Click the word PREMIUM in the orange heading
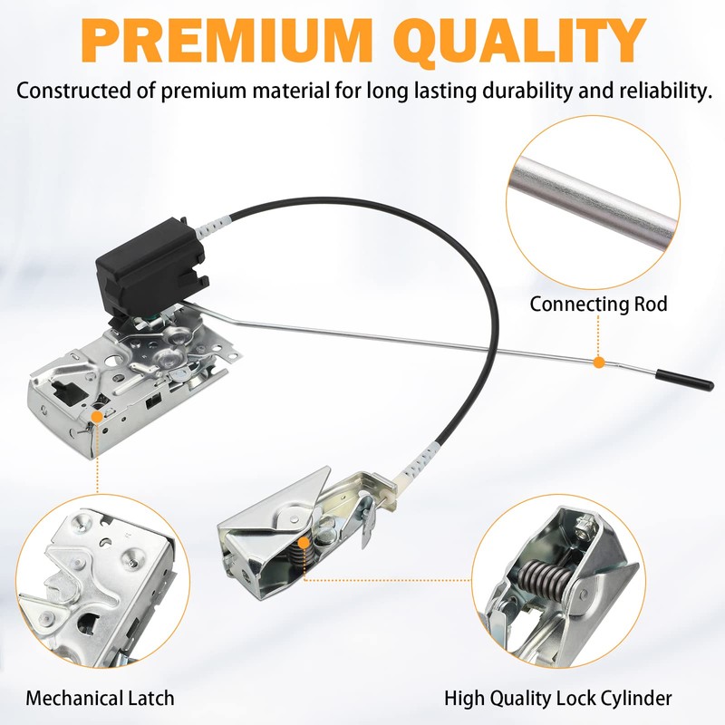(227, 40)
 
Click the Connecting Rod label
(599, 304)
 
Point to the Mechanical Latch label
(100, 698)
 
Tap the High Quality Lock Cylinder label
(558, 698)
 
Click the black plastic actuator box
(151, 268)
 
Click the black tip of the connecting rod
(685, 380)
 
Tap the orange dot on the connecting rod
(599, 362)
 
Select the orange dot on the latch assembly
(97, 417)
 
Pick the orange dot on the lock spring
(304, 543)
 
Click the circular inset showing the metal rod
(594, 202)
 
